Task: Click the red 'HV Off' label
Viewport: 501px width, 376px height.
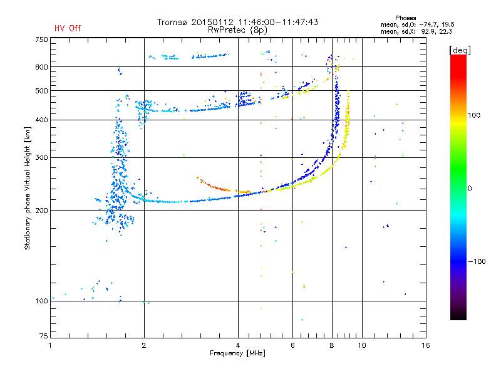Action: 68,28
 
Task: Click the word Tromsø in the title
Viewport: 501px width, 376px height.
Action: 172,22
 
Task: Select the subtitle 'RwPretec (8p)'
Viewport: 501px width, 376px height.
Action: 237,30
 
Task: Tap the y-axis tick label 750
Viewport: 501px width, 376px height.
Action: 42,39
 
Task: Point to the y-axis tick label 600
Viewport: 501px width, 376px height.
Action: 42,67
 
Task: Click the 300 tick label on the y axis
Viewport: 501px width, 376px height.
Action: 42,157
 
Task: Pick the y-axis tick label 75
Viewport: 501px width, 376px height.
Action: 44,336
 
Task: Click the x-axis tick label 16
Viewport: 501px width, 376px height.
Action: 426,345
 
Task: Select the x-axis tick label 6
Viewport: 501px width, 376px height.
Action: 292,345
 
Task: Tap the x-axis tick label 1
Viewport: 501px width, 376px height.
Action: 51,345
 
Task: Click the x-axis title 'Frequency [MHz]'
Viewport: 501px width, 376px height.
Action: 237,353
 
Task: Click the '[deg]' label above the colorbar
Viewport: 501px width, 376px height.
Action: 460,50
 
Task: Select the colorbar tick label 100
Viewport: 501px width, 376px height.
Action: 474,115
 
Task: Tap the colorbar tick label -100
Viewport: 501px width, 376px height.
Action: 477,261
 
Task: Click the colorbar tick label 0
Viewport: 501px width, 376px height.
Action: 470,188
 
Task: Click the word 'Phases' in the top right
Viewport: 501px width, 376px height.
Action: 405,18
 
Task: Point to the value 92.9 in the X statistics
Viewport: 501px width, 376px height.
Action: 428,31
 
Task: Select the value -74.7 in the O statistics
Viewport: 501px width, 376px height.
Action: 428,24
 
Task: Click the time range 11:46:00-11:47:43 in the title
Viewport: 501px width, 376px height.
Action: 278,22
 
